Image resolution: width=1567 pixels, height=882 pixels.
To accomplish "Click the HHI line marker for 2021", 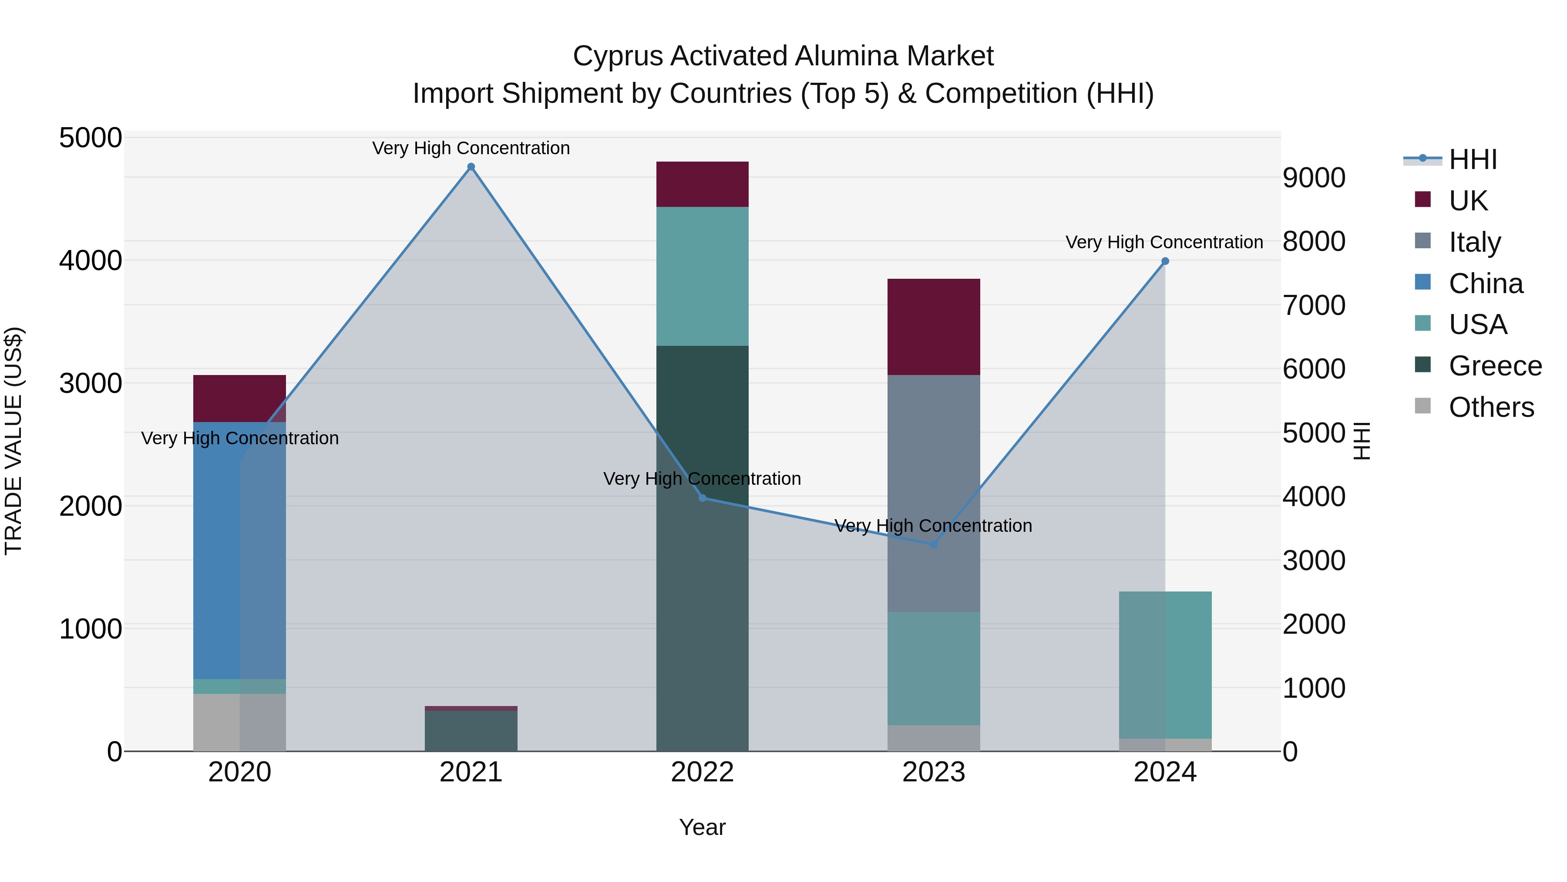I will pyautogui.click(x=471, y=167).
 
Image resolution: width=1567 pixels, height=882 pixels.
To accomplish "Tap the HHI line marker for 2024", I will pyautogui.click(x=1165, y=261).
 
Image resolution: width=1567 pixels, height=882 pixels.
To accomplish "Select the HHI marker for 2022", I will pyautogui.click(x=702, y=498).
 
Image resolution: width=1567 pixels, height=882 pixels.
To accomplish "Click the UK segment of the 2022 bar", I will pyautogui.click(x=702, y=184).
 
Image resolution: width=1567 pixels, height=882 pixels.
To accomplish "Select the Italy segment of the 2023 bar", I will pyautogui.click(x=934, y=493).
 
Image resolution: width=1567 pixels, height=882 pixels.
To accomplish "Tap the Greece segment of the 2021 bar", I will pyautogui.click(x=471, y=730).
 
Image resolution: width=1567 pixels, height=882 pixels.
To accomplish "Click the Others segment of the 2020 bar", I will pyautogui.click(x=216, y=722).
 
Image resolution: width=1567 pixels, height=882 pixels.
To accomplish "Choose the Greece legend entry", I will pyautogui.click(x=1495, y=366).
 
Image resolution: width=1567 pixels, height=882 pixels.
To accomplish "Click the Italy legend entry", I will pyautogui.click(x=1475, y=242).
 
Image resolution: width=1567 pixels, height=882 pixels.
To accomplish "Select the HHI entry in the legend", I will pyautogui.click(x=1472, y=159).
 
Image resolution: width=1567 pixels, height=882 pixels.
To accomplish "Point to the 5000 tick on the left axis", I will pyautogui.click(x=91, y=138).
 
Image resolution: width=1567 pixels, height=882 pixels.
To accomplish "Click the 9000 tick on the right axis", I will pyautogui.click(x=1314, y=178).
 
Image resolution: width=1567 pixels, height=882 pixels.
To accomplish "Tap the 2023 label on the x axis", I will pyautogui.click(x=934, y=772).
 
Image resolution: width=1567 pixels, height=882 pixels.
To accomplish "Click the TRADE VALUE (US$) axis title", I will pyautogui.click(x=13, y=441).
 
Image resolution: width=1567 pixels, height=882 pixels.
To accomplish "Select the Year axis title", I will pyautogui.click(x=702, y=827).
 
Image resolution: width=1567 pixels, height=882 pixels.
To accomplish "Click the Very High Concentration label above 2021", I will pyautogui.click(x=471, y=148).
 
